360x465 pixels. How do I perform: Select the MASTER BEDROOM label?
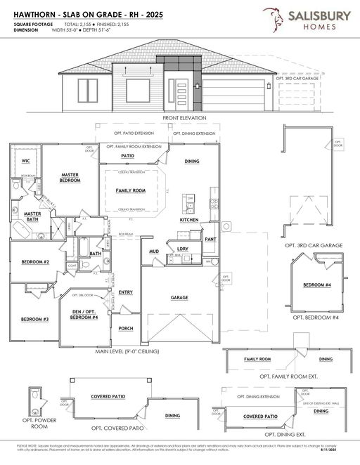click(69, 177)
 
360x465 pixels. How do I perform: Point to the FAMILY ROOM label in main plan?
click(130, 190)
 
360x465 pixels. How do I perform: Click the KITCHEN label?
click(189, 220)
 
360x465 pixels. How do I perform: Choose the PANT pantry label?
click(210, 239)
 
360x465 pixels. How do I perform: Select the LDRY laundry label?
click(182, 249)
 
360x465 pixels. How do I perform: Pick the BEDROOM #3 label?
click(34, 320)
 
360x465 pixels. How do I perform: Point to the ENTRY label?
click(126, 292)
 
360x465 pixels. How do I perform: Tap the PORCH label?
click(126, 328)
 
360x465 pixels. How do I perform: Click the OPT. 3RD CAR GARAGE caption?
click(314, 245)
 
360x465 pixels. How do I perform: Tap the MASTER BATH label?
click(32, 217)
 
